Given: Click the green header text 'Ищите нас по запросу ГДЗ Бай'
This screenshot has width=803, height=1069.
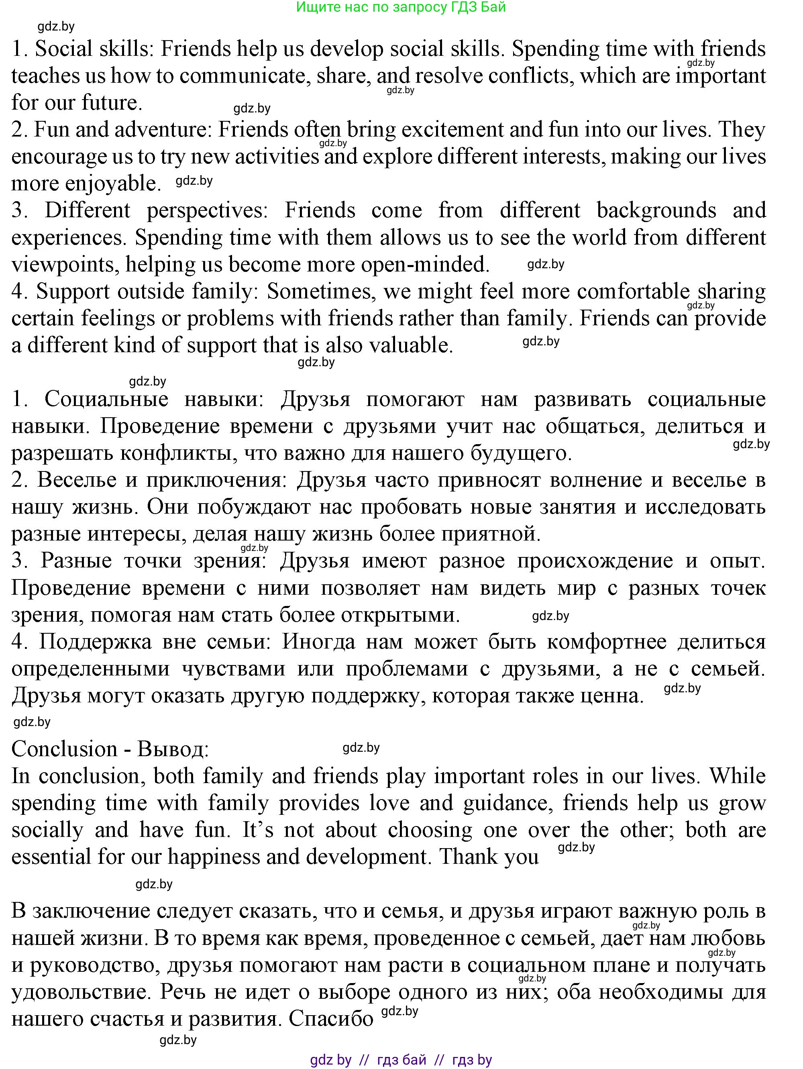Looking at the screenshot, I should point(401,7).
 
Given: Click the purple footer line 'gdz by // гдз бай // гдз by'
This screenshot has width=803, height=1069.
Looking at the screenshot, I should point(401,1060).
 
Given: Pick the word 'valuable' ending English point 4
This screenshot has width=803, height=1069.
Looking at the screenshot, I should point(411,345).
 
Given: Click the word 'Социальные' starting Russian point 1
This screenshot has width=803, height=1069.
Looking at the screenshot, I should point(106,400).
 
